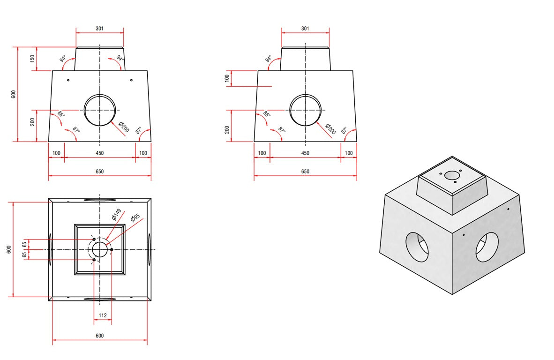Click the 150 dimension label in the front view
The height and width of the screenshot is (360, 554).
pyautogui.click(x=32, y=59)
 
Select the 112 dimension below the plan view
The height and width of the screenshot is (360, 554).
pyautogui.click(x=103, y=315)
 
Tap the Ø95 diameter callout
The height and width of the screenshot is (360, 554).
pyautogui.click(x=135, y=218)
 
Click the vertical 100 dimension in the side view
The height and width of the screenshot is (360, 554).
pyautogui.click(x=227, y=78)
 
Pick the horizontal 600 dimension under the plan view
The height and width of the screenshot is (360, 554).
pyautogui.click(x=99, y=336)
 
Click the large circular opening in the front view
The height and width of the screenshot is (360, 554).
pyautogui.click(x=99, y=110)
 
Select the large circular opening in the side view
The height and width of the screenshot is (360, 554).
pyautogui.click(x=305, y=110)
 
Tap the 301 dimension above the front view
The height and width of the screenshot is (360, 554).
pyautogui.click(x=99, y=29)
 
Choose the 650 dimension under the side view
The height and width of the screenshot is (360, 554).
pyautogui.click(x=305, y=172)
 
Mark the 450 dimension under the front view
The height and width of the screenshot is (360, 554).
pyautogui.click(x=99, y=153)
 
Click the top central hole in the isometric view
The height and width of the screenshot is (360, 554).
pyautogui.click(x=452, y=175)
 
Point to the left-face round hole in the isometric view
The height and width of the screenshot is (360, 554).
pyautogui.click(x=417, y=246)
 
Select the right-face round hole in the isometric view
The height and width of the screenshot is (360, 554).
pyautogui.click(x=487, y=247)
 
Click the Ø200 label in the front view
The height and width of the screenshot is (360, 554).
pyautogui.click(x=124, y=127)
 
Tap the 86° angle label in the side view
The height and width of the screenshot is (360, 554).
pyautogui.click(x=267, y=114)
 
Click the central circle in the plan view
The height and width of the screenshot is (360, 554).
pyautogui.click(x=99, y=249)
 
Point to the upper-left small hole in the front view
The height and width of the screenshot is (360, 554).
pyautogui.click(x=68, y=80)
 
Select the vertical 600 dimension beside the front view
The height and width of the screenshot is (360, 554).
pyautogui.click(x=14, y=94)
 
